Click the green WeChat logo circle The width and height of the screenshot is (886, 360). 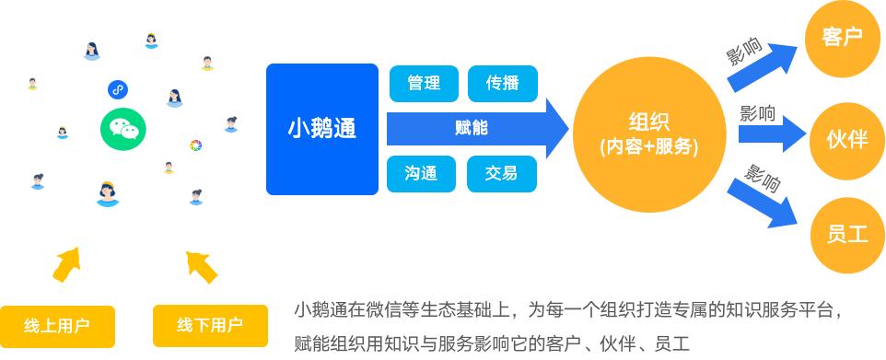(123, 129)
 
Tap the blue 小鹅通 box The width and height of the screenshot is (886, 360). (322, 130)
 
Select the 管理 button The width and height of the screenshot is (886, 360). (424, 84)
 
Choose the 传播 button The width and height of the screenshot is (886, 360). (502, 84)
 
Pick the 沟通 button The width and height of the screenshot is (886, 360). (421, 173)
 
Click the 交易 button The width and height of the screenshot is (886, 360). (502, 173)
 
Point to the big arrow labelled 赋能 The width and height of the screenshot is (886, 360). (477, 129)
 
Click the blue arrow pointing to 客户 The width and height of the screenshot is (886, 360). (762, 67)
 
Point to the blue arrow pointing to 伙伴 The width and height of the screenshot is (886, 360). (772, 134)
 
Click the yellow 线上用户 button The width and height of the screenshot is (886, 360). (57, 326)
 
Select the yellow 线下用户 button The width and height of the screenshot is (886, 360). (210, 326)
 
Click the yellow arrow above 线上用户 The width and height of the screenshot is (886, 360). (66, 264)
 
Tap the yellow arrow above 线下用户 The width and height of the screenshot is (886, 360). (201, 267)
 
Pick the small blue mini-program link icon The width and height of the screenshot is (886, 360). (118, 89)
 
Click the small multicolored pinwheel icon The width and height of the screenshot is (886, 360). (195, 145)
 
